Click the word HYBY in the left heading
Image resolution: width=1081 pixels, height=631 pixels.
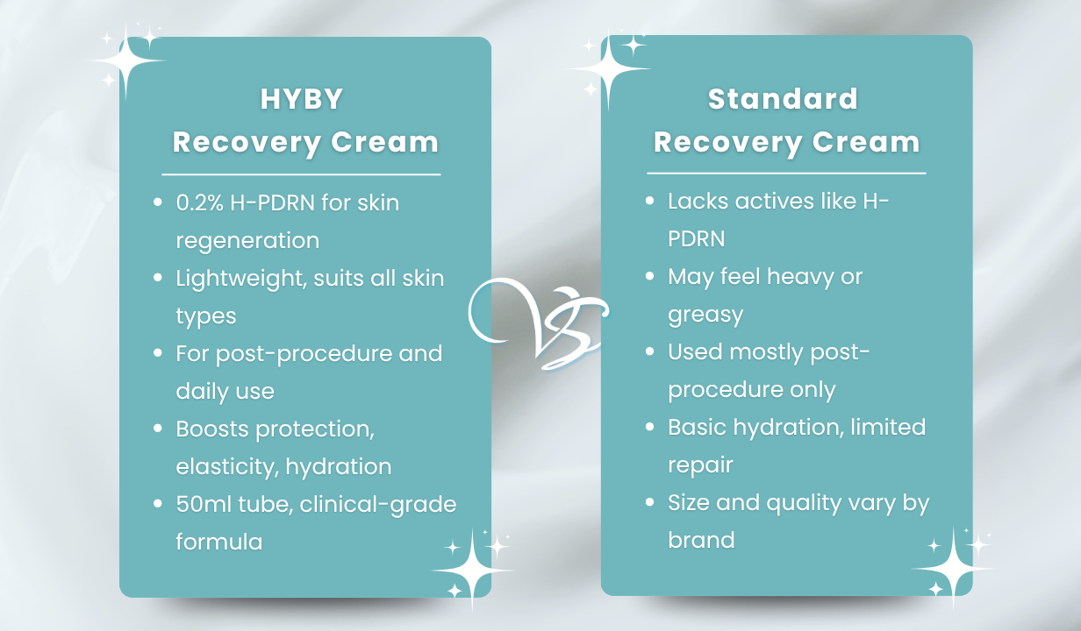[302, 99]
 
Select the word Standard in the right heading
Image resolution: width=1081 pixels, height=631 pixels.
[783, 99]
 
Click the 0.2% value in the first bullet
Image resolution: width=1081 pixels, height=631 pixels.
[199, 202]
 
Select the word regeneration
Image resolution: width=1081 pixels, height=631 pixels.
[247, 241]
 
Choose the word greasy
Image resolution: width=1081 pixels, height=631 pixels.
[705, 315]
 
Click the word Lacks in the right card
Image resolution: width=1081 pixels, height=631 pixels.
[698, 201]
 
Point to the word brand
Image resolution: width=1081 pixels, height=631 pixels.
[701, 540]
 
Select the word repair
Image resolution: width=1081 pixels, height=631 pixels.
[700, 465]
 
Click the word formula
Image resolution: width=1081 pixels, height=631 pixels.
[219, 542]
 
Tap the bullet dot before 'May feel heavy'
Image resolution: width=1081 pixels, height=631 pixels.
[649, 276]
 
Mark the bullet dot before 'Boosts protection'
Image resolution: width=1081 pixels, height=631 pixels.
[157, 428]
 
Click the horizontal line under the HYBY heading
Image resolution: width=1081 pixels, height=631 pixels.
[301, 174]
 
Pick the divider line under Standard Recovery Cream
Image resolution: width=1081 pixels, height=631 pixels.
[786, 173]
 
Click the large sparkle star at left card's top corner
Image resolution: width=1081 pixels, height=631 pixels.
[126, 60]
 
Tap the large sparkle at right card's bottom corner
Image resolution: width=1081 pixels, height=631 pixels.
[953, 570]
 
